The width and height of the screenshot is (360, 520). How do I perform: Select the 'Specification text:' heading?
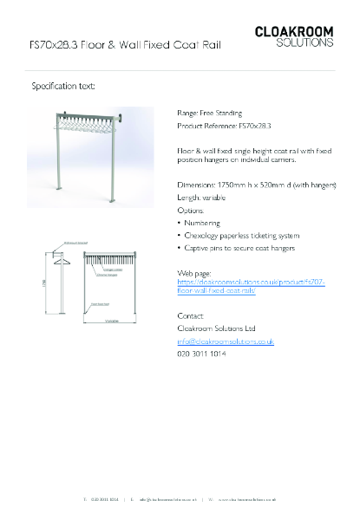pyautogui.click(x=63, y=87)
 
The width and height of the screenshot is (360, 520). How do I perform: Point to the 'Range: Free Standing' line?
pyautogui.click(x=209, y=113)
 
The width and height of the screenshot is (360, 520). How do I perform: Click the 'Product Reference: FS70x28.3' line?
pyautogui.click(x=224, y=126)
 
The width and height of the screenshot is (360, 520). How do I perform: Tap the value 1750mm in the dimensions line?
pyautogui.click(x=232, y=185)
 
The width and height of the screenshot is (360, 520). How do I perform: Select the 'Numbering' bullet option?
pyautogui.click(x=204, y=223)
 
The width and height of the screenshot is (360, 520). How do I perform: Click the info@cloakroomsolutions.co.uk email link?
pyautogui.click(x=226, y=341)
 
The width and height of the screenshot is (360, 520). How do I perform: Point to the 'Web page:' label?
pyautogui.click(x=193, y=273)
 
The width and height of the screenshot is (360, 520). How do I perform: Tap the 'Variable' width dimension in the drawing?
pyautogui.click(x=112, y=321)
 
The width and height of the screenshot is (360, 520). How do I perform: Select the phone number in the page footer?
pyautogui.click(x=105, y=500)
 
